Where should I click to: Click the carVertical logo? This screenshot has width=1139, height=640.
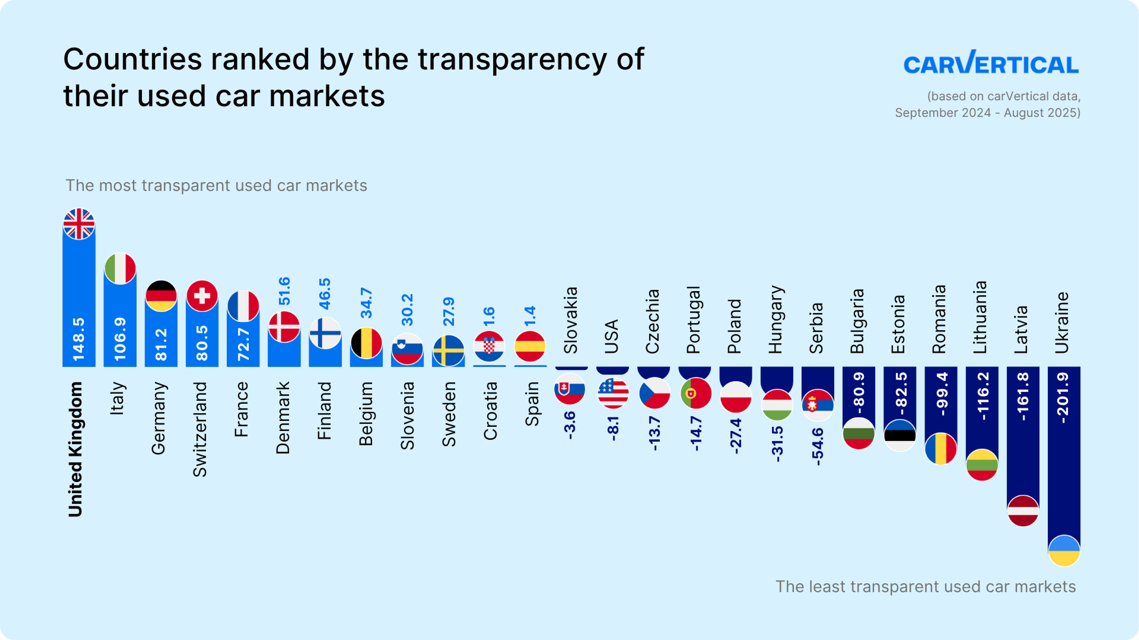pos(991,63)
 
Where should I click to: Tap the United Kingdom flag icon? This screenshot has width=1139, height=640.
pos(79,224)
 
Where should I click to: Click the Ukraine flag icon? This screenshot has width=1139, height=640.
pos(1064,550)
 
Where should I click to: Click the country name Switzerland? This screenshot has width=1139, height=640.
pos(200,429)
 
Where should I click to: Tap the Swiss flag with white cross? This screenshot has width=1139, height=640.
pos(202,295)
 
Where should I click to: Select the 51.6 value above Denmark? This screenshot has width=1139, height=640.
pos(284,291)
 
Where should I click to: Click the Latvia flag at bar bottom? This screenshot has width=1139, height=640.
pos(1023,511)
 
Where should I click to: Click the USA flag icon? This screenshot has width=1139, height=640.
pos(613,393)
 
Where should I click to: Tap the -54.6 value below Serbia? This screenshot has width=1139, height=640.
pos(817,446)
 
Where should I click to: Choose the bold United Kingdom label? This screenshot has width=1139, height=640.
pos(75,449)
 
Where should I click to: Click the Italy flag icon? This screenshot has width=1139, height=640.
pos(120,268)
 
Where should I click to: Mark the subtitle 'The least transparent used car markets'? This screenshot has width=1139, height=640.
pos(925,587)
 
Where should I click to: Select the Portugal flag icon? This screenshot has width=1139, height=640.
pos(696,393)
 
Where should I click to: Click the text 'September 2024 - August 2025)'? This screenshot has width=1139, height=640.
pos(988,113)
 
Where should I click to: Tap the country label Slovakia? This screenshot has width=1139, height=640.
pos(571,320)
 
